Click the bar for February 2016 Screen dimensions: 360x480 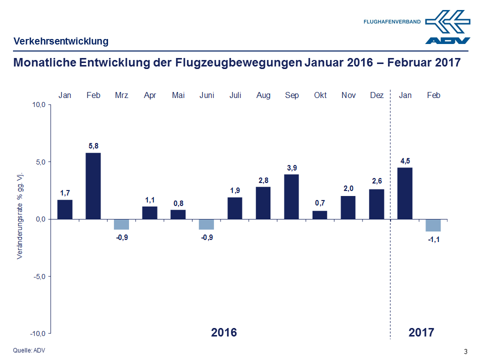(x=93, y=186)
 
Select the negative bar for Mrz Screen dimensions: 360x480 (x=121, y=224)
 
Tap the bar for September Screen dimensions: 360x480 (x=292, y=196)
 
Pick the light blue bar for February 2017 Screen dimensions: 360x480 (x=433, y=225)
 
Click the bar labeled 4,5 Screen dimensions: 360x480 (x=405, y=193)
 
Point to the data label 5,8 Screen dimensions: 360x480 (x=93, y=146)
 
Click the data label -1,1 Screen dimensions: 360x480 (x=433, y=239)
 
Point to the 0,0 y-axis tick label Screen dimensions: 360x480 (x=40, y=219)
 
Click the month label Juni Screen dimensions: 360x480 (x=207, y=95)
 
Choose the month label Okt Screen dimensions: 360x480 (x=320, y=95)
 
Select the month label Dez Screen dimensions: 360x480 (x=376, y=95)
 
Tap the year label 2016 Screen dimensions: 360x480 (x=223, y=332)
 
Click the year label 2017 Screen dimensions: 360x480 (x=421, y=332)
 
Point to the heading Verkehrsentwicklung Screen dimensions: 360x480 (x=60, y=41)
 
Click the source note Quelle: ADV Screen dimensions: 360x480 (x=28, y=350)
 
